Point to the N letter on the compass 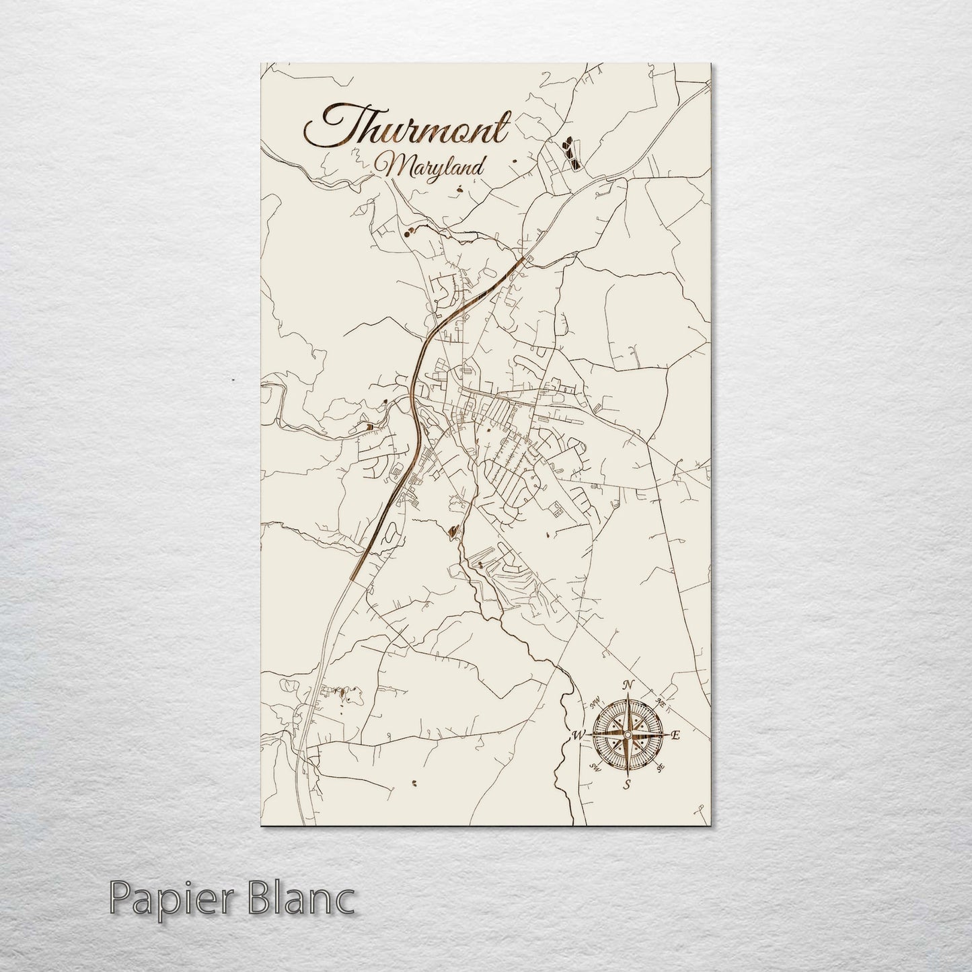pos(629,685)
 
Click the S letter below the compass pos(627,785)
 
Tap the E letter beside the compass pos(676,736)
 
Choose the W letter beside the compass pos(577,735)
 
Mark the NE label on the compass pos(661,703)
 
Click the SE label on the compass pos(661,768)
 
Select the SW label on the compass pos(595,767)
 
